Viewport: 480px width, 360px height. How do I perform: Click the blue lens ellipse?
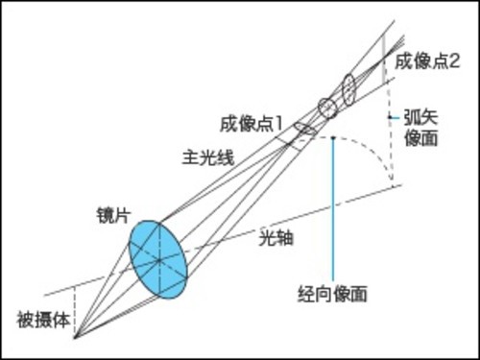coord(157,259)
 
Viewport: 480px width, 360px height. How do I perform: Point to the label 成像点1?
coord(252,122)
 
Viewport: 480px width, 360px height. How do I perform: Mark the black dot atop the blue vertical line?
coord(332,137)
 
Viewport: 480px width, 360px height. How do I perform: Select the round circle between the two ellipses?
coord(328,108)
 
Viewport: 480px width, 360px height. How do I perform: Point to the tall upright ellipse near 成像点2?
coord(348,88)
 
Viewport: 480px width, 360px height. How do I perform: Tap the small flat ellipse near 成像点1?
coord(305,128)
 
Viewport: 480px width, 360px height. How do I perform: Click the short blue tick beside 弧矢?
coord(392,116)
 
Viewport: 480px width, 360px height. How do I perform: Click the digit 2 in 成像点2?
coord(454,60)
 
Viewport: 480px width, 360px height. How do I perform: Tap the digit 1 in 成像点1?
coord(279,122)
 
